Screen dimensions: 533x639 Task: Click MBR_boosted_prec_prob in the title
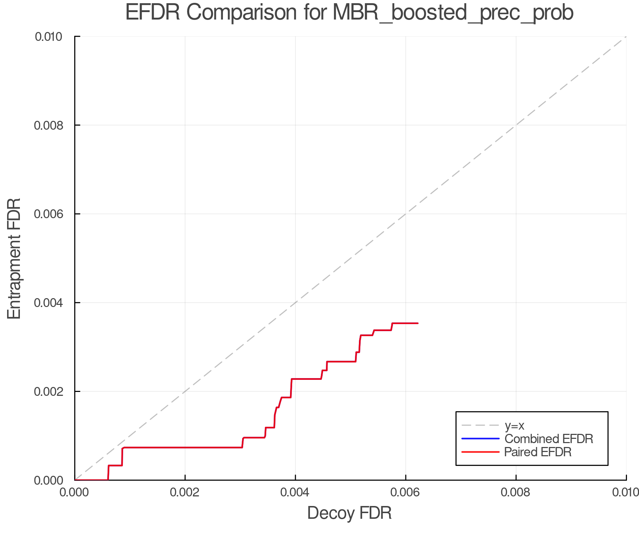[x=453, y=14]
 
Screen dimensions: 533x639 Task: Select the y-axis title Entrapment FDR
[x=15, y=258]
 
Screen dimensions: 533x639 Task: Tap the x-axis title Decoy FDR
[x=349, y=513]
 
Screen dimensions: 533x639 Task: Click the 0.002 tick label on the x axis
[x=185, y=492]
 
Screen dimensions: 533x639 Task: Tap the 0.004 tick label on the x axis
[x=295, y=492]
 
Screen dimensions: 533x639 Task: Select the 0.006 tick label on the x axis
[x=406, y=492]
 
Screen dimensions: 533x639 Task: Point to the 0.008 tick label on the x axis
[x=516, y=492]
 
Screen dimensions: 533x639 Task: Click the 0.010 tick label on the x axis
[x=626, y=492]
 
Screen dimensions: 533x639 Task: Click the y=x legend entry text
[x=514, y=426]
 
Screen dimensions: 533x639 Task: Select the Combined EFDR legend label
[x=548, y=439]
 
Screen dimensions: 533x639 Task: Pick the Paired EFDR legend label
[x=537, y=452]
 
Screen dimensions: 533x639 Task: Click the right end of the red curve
[x=418, y=323]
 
